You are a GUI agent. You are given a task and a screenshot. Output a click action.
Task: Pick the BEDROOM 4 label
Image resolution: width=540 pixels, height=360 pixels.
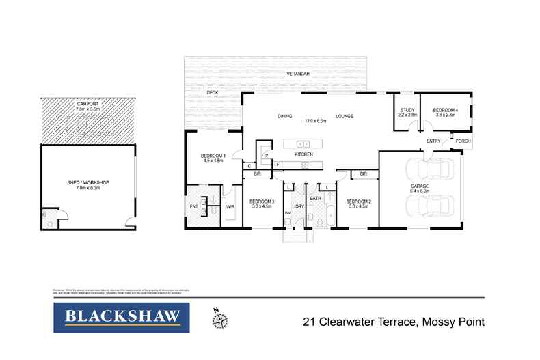click(x=444, y=110)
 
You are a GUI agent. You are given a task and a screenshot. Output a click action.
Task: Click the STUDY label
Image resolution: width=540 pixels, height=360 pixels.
click(x=407, y=110)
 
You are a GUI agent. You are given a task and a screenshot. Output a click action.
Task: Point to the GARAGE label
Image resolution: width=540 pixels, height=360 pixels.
click(x=420, y=186)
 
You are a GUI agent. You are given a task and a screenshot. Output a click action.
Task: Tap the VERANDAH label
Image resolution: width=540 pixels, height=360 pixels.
click(x=299, y=73)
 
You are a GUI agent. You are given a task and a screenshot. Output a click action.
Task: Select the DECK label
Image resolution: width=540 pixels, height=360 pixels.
click(x=213, y=92)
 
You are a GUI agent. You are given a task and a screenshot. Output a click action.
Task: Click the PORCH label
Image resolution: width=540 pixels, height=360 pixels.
click(x=463, y=142)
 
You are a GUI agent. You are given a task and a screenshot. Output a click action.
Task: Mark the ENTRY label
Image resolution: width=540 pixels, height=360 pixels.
click(x=433, y=141)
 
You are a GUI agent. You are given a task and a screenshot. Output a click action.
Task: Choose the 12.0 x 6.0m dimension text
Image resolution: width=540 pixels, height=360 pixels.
click(x=315, y=121)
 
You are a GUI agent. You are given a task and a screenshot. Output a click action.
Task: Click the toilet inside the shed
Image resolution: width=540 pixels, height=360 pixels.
click(x=49, y=221)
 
